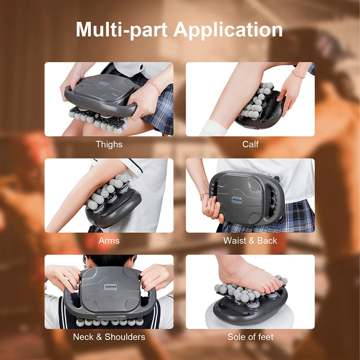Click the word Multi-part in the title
click(122, 30)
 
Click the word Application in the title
click(228, 30)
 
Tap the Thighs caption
click(109, 144)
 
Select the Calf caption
click(250, 144)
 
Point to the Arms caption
click(109, 240)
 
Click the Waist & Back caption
click(250, 240)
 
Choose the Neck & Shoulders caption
click(109, 337)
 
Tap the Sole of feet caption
click(250, 337)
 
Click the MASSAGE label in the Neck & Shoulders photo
click(111, 287)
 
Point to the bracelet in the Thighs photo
click(154, 87)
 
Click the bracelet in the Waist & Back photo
click(204, 195)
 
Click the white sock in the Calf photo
click(212, 128)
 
